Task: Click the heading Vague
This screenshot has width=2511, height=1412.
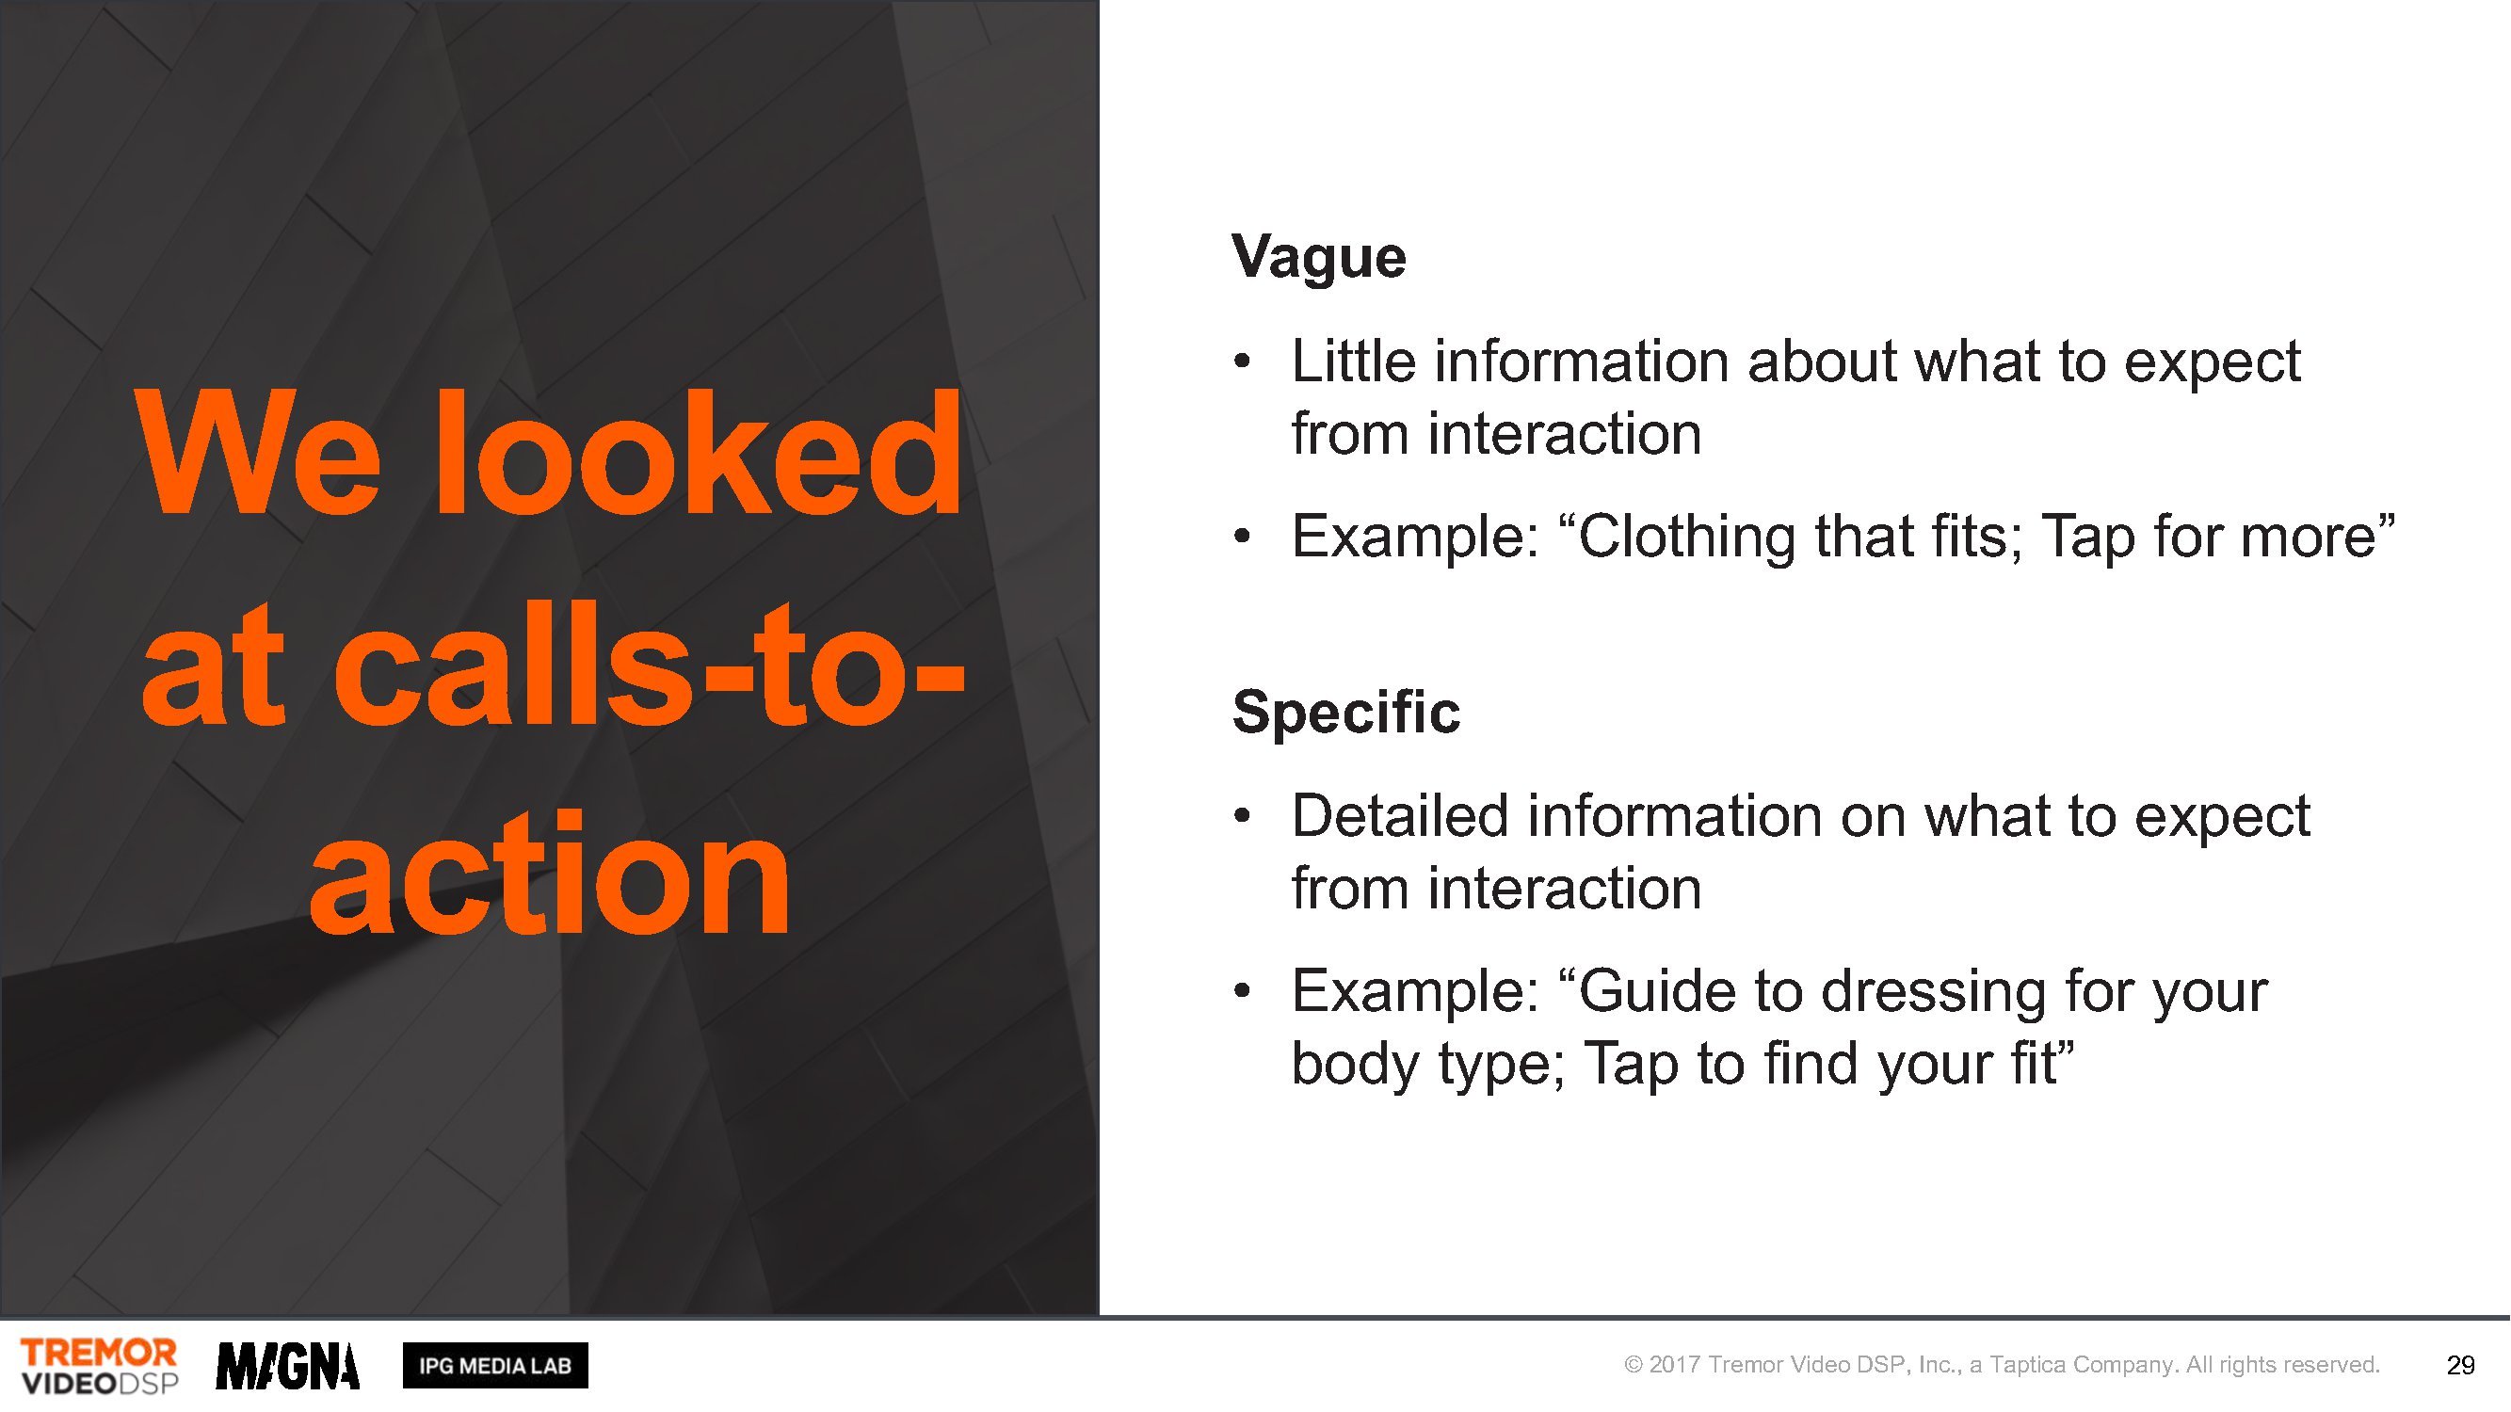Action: click(1319, 257)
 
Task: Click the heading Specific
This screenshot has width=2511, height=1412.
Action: click(1346, 713)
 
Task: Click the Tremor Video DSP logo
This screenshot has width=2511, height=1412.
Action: click(100, 1366)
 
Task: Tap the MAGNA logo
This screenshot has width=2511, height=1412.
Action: click(287, 1366)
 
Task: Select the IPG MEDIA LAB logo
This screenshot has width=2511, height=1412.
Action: click(495, 1366)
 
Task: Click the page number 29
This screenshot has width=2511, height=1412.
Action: click(2460, 1366)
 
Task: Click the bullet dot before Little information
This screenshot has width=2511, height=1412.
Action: click(1242, 362)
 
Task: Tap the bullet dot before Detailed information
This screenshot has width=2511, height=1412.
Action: click(1242, 816)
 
